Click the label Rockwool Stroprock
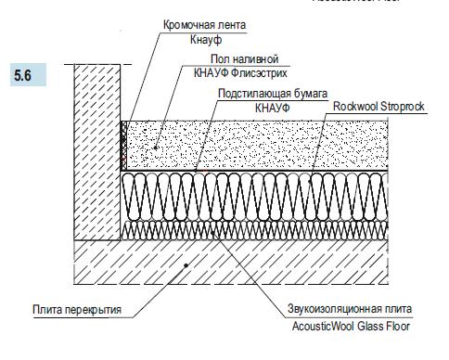click(378, 108)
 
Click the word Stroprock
click(402, 108)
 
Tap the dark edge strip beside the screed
click(122, 144)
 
